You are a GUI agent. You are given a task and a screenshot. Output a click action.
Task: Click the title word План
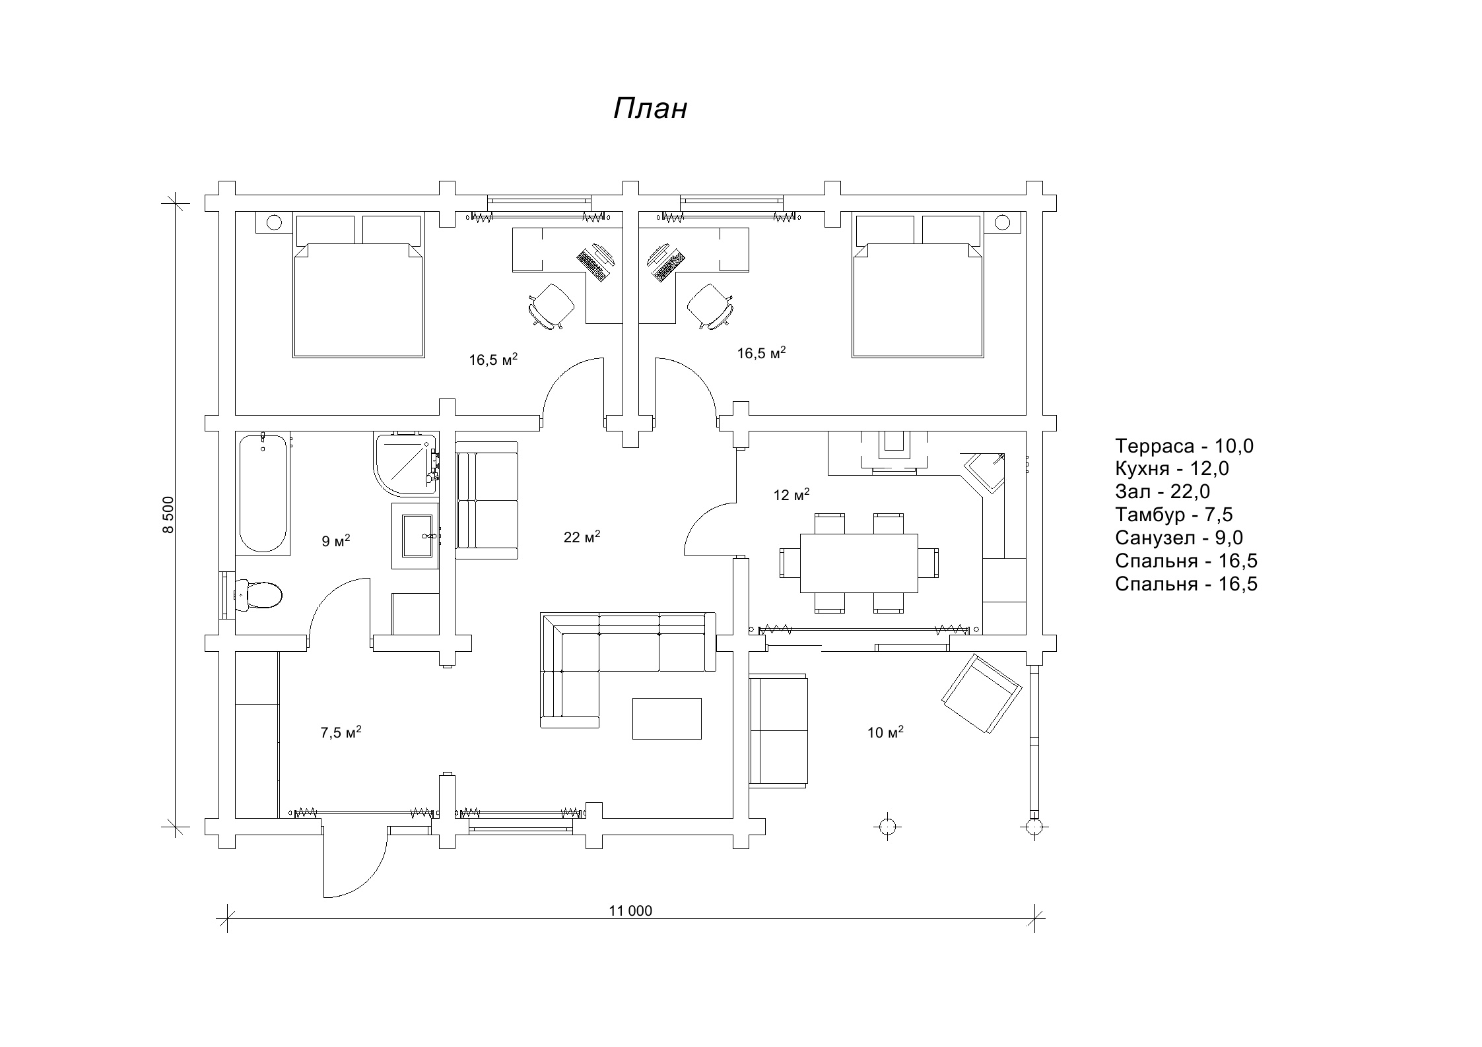point(650,109)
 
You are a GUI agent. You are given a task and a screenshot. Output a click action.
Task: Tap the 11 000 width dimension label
point(630,911)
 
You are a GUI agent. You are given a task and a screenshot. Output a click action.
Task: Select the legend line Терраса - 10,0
point(1184,446)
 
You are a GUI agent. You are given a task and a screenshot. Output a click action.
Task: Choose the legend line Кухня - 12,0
point(1172,468)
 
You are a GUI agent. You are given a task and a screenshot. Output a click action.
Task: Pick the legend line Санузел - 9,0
point(1179,538)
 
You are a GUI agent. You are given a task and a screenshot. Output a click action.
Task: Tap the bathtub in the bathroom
point(262,493)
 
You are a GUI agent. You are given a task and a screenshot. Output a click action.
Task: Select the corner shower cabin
point(404,463)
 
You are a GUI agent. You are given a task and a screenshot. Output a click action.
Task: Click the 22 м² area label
point(582,537)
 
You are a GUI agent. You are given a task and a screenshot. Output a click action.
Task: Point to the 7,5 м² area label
point(341,732)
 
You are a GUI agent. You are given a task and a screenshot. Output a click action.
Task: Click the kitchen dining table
point(858,563)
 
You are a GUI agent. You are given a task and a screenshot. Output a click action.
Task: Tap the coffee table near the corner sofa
point(667,718)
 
